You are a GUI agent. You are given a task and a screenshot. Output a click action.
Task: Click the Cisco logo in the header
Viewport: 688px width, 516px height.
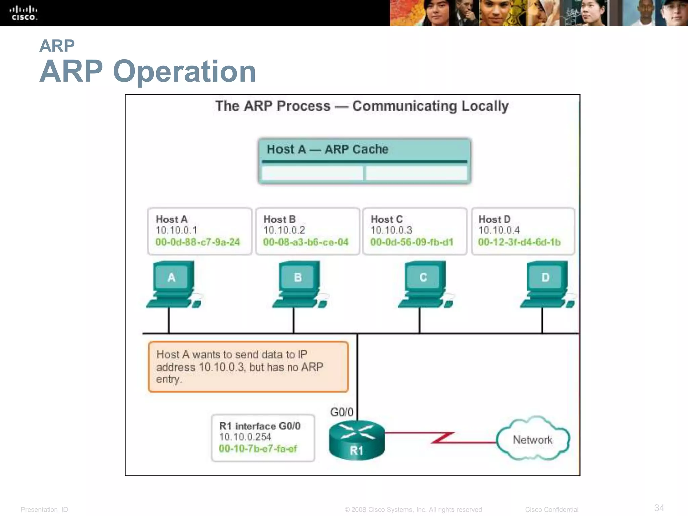click(24, 13)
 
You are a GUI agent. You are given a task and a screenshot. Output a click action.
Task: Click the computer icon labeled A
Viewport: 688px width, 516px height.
click(173, 284)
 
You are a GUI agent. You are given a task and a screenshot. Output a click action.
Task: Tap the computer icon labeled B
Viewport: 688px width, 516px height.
click(299, 284)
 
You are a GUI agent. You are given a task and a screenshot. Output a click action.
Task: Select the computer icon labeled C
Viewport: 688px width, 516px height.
click(425, 284)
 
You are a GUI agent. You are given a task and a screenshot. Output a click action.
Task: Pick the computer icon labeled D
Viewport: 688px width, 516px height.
click(547, 284)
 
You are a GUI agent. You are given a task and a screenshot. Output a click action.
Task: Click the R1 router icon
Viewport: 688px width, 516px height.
click(357, 440)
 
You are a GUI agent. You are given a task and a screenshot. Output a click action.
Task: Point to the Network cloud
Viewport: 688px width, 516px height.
click(532, 439)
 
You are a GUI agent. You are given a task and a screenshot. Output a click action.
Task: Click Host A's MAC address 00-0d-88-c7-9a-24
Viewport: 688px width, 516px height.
click(198, 242)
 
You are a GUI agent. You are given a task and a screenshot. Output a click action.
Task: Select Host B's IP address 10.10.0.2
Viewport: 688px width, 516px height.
click(284, 230)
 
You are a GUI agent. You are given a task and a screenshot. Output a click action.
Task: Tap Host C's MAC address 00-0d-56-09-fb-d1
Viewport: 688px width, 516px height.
click(412, 242)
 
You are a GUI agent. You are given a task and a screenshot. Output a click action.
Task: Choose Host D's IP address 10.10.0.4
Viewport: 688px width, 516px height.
click(499, 230)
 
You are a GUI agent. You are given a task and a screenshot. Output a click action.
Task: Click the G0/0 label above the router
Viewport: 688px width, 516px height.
click(342, 412)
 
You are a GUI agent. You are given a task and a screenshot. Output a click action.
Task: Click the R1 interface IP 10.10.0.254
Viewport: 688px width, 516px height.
click(245, 437)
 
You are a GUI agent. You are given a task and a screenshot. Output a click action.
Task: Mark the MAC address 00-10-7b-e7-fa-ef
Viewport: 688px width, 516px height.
click(258, 448)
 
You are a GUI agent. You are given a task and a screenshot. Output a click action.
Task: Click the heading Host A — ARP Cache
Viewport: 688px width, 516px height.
click(328, 149)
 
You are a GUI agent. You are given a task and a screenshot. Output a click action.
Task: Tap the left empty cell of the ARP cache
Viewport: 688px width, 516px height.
click(312, 173)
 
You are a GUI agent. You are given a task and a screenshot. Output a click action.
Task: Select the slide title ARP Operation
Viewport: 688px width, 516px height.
click(148, 71)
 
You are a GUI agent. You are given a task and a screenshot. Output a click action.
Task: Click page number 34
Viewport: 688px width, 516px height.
click(659, 508)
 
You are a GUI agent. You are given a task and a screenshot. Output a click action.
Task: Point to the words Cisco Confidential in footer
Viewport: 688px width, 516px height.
click(552, 510)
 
